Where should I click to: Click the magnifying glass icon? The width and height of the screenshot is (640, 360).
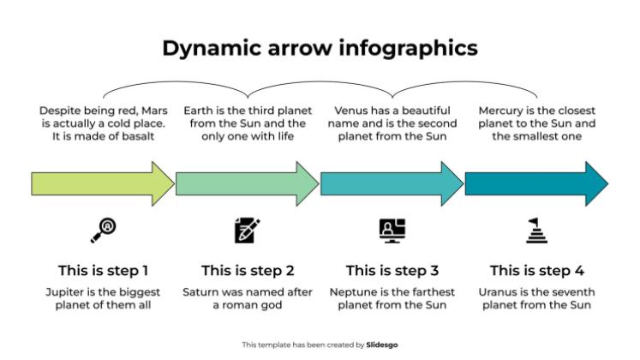104,229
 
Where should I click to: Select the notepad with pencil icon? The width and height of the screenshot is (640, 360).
248,230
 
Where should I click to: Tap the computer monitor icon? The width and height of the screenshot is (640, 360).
392,230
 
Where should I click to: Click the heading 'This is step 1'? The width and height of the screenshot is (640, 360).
104,271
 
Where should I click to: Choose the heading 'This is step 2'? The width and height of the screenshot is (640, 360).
248,271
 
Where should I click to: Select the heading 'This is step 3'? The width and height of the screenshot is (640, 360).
392,271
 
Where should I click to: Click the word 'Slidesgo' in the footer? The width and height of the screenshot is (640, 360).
381,345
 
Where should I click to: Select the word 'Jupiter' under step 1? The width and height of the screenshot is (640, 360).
65,292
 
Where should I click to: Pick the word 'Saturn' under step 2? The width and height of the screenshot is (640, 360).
201,292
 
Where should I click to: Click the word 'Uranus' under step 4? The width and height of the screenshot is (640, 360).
500,292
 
